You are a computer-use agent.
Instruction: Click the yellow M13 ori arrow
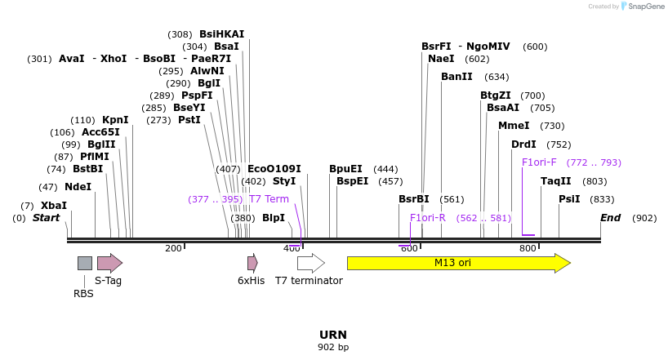click(x=457, y=263)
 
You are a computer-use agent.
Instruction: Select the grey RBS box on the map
click(x=85, y=263)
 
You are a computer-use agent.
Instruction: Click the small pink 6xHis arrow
click(x=252, y=263)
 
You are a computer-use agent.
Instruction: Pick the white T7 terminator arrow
click(x=310, y=263)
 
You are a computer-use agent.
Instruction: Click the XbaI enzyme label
click(x=54, y=206)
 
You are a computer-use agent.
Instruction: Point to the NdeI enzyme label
click(x=78, y=187)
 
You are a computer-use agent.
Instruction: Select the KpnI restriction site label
click(x=115, y=120)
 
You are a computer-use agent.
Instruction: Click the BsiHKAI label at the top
click(x=221, y=34)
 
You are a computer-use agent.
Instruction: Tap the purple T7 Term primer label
click(x=269, y=199)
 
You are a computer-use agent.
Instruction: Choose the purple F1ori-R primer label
click(x=428, y=218)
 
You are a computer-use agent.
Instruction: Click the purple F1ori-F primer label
click(x=539, y=162)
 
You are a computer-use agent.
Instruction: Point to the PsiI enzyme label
click(x=569, y=199)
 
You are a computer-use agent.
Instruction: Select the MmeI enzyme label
click(x=514, y=126)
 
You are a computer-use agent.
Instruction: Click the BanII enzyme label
click(x=456, y=77)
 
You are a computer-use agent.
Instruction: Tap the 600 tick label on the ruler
click(x=409, y=248)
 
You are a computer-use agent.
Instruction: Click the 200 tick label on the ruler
click(x=173, y=248)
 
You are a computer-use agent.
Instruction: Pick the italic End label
click(x=610, y=218)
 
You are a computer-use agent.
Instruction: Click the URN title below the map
click(x=333, y=335)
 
